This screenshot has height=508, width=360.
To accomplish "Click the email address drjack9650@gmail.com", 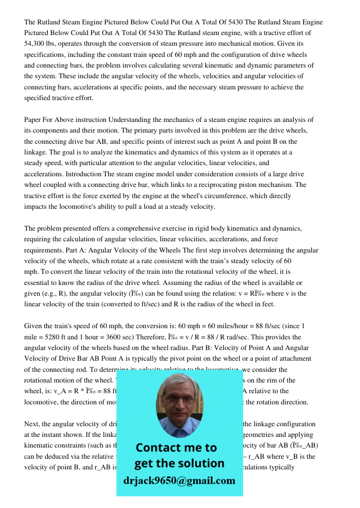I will coord(179,481).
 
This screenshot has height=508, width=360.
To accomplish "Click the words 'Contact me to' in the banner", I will coord(176,448).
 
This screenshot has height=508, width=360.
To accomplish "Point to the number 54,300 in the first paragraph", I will coord(35,44).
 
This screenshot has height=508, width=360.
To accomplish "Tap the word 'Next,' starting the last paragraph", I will coord(33,424).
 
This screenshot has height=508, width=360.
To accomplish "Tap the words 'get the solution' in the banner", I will coord(179,463).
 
